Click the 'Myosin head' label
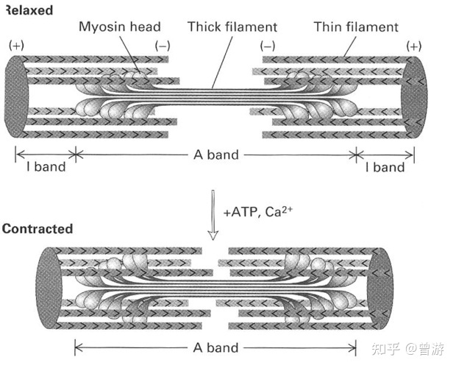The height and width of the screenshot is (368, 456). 119,27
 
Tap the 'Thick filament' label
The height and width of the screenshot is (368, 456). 232,27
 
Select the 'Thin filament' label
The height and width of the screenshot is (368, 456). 355,27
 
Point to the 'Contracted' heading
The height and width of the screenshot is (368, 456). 37,228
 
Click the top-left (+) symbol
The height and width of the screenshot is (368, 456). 15,46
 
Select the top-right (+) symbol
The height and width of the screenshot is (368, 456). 414,46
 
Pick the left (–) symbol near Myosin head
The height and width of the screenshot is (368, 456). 163,46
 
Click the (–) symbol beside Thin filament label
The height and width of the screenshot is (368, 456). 267,46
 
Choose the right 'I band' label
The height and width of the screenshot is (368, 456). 385,167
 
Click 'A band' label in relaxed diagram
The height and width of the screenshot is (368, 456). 215,155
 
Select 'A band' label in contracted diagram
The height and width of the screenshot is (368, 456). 215,347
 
